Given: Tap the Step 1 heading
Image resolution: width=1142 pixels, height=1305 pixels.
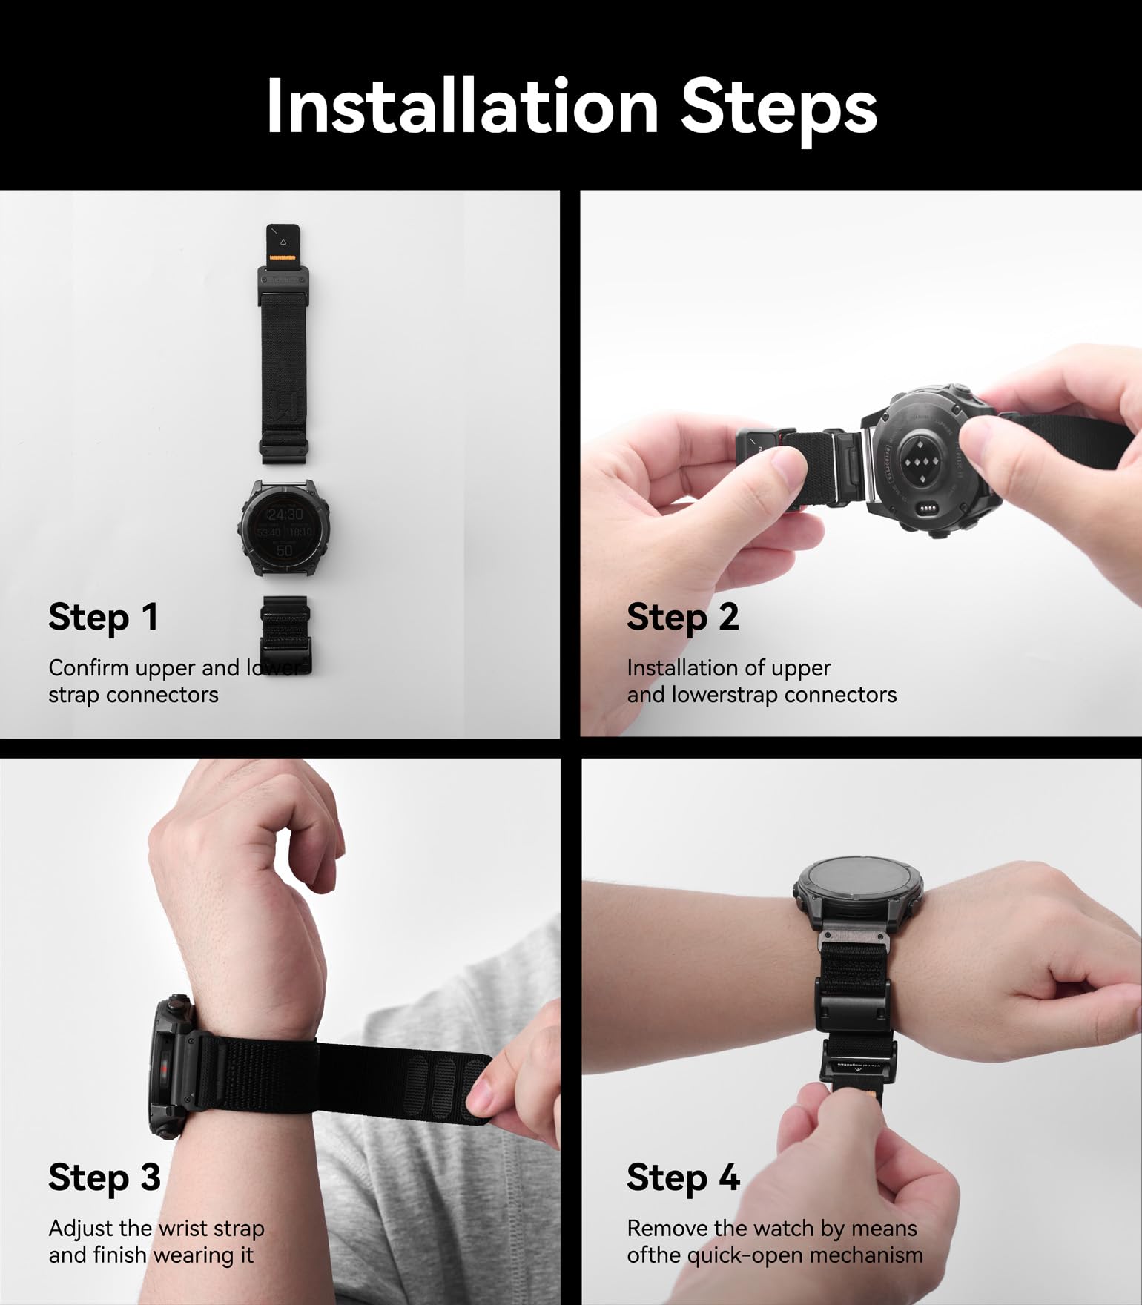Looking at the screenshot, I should click(x=103, y=618).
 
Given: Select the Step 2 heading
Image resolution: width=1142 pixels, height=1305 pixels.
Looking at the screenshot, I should click(x=682, y=618).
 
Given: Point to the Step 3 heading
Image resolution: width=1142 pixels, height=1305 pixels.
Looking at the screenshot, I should click(x=104, y=1177).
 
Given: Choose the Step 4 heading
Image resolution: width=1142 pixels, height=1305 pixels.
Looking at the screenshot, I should click(x=683, y=1177).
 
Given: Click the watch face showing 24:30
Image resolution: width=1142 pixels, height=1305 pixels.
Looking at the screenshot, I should click(x=284, y=527).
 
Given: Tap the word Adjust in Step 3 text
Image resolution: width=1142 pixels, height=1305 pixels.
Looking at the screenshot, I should click(x=82, y=1229).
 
